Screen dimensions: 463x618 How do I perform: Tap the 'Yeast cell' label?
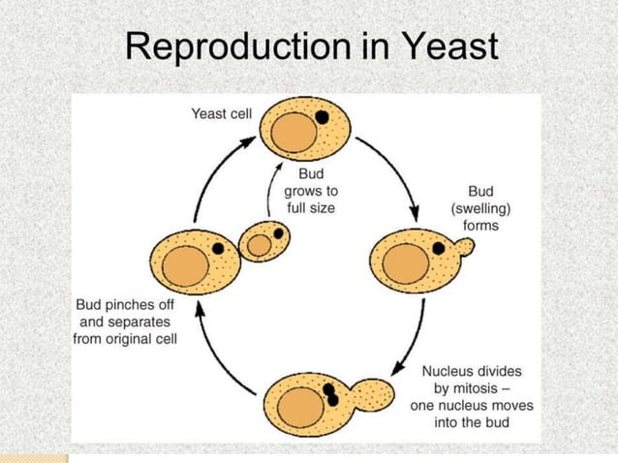[x=221, y=114]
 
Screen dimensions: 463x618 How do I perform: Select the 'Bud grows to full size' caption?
[x=311, y=190]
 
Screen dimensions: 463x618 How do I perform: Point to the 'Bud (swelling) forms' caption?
[x=480, y=208]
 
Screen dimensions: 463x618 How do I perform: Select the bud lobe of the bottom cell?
[x=374, y=394]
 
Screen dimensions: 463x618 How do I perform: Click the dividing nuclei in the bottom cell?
[x=331, y=393]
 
